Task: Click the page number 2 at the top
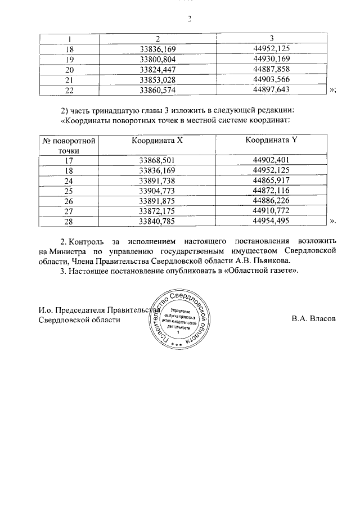tap(190, 18)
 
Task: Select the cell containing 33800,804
tap(157, 59)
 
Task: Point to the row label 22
tap(70, 89)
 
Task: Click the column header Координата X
tap(157, 141)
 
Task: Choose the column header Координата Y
tap(271, 141)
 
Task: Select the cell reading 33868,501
tap(157, 160)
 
